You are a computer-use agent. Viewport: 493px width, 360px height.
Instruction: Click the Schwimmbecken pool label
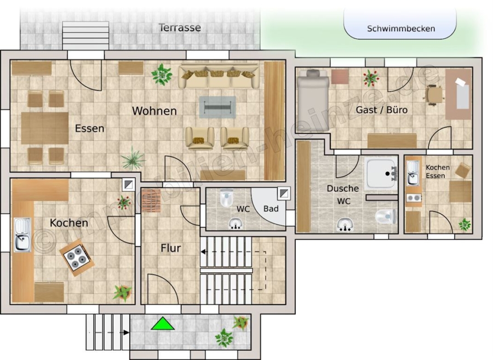(401, 28)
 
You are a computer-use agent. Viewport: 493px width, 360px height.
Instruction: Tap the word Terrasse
(180, 27)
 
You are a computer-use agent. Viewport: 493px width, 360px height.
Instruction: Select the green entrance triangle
(163, 323)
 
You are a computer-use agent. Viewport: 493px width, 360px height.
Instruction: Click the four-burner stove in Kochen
(77, 257)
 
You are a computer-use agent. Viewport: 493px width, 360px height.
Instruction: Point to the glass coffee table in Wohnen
(217, 107)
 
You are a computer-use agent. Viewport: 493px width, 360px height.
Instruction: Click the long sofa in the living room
(219, 76)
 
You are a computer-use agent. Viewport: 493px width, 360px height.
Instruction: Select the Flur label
(171, 248)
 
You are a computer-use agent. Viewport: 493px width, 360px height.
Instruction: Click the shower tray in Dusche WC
(381, 173)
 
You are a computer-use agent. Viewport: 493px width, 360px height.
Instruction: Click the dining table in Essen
(45, 128)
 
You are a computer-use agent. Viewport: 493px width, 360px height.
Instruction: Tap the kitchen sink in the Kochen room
(22, 235)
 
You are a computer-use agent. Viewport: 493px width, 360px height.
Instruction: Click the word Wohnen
(154, 111)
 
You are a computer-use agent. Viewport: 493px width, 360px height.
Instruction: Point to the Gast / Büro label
(381, 110)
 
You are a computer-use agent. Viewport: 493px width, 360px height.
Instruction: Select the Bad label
(271, 208)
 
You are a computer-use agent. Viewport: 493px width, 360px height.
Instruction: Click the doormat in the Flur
(151, 201)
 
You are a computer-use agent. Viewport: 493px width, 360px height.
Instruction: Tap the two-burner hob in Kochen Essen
(414, 198)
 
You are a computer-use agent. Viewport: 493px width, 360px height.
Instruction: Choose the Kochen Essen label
(437, 172)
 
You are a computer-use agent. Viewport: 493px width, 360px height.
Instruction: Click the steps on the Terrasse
(85, 36)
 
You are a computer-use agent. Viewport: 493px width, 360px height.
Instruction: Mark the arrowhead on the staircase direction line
(204, 252)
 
